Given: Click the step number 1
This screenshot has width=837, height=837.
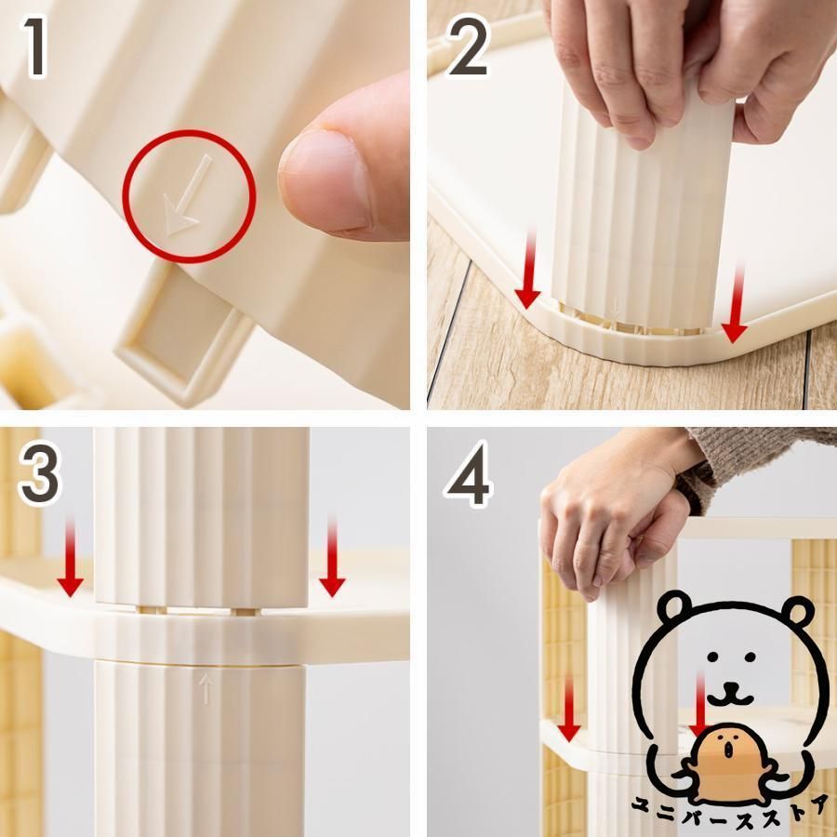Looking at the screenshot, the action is [36, 47].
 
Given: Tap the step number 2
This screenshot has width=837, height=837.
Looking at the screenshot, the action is [468, 46].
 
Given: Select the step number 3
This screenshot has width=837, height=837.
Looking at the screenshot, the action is [39, 474].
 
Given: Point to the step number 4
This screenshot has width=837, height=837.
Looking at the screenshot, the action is [468, 474].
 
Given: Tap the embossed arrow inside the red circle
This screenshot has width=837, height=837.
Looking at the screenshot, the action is [186, 196].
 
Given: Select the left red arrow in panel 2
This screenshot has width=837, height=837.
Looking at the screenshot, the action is [528, 269].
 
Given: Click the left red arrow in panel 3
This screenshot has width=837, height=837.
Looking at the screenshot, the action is [70, 557].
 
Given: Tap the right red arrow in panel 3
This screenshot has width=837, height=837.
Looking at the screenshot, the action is [332, 557].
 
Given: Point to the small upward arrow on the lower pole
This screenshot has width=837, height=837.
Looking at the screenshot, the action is [206, 688].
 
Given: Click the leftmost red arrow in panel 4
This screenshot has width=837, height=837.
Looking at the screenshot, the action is [569, 708].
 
